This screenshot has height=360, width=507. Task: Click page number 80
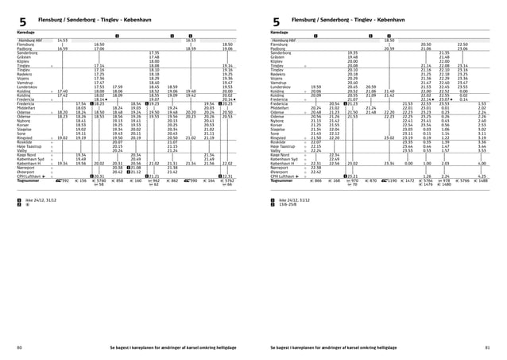pos(18,347)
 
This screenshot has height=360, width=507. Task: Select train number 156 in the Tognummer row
pos(83,181)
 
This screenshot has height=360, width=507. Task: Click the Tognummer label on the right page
pos(282,181)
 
